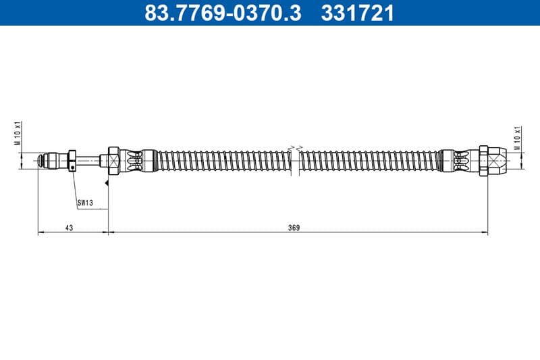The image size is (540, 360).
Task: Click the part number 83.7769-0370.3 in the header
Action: coord(223,12)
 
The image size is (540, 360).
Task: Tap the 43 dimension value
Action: coord(69,228)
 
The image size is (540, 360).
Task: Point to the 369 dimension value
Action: coord(294,228)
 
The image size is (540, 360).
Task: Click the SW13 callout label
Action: coord(84,202)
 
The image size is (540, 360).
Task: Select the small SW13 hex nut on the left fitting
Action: coord(72,161)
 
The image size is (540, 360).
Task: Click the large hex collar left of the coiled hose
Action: coord(113,161)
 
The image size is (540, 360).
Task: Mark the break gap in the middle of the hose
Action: coord(294,161)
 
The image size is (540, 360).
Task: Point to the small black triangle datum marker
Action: coord(106,182)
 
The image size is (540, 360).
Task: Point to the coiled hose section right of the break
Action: coord(368,161)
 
